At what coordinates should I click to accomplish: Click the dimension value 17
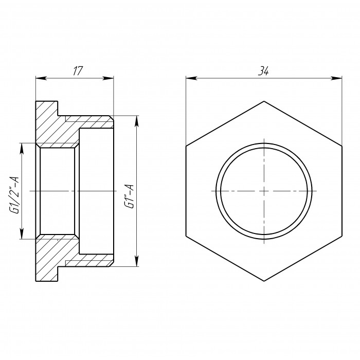click(x=78, y=71)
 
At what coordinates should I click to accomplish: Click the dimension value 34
click(x=263, y=71)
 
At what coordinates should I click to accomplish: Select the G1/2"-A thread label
click(x=14, y=195)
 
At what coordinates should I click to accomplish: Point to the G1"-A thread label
click(x=129, y=196)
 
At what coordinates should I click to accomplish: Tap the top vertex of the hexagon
click(x=264, y=101)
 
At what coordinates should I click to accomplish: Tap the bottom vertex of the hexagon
click(x=264, y=281)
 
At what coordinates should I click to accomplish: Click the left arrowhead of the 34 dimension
click(x=191, y=78)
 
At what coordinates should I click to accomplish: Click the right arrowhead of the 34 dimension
click(x=336, y=78)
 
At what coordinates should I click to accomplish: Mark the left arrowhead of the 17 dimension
click(x=41, y=78)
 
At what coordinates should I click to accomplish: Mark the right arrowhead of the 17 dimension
click(x=108, y=78)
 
